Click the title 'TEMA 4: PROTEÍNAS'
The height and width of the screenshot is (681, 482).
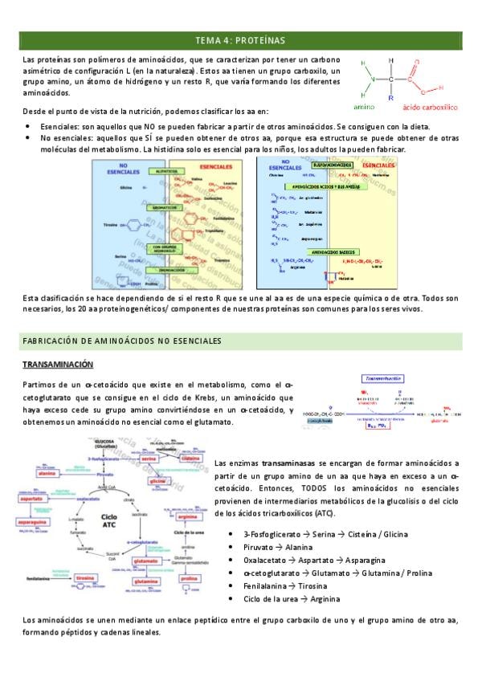click(x=240, y=40)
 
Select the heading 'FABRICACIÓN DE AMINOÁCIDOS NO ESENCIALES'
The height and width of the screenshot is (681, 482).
click(x=122, y=341)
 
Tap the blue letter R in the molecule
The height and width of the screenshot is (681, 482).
click(x=390, y=97)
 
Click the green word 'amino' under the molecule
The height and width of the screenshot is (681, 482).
click(x=364, y=106)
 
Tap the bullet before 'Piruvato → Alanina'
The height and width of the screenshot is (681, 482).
click(x=231, y=547)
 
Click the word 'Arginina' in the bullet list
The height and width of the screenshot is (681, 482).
click(x=324, y=598)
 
